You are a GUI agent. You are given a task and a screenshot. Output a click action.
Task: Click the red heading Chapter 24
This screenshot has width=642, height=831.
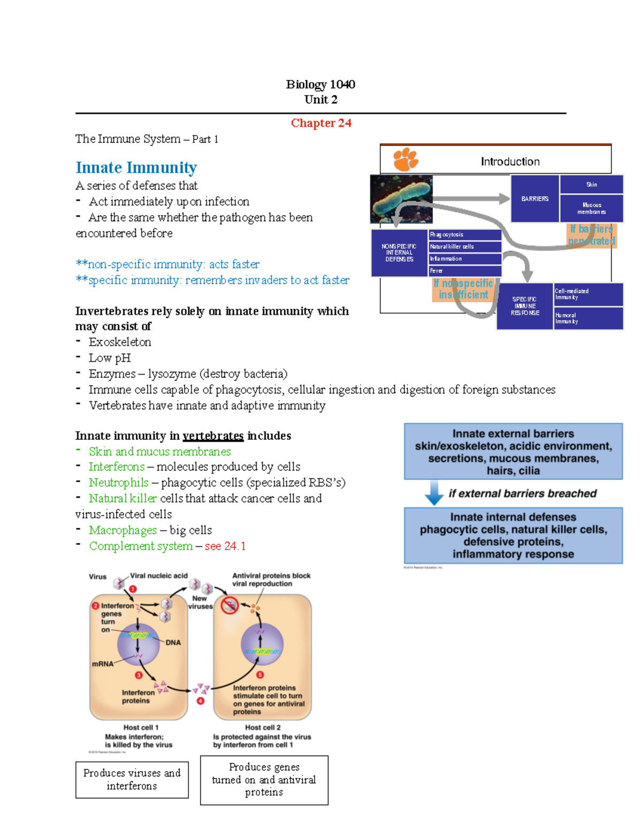tap(321, 123)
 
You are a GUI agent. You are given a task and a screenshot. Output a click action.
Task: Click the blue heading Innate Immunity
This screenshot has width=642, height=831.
tap(136, 167)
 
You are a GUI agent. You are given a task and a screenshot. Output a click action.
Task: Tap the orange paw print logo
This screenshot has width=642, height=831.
tap(406, 159)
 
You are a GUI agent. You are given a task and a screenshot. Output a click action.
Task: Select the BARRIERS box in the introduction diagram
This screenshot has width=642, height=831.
tap(534, 199)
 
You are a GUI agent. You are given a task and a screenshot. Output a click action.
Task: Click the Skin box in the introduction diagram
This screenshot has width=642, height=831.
tap(591, 185)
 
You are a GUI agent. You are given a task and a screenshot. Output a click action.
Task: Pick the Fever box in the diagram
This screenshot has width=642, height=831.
tap(464, 271)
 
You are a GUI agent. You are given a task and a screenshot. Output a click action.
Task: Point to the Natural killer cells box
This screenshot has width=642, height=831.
tap(464, 247)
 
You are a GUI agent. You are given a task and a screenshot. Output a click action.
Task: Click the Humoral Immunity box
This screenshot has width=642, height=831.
tap(587, 318)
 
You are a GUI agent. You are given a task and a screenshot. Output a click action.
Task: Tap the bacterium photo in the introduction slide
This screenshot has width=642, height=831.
tap(402, 199)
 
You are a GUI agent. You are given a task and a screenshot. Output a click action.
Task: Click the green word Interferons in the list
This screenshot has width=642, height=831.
tap(117, 467)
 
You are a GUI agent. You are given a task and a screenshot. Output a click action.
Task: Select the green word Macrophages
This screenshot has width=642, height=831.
tap(123, 530)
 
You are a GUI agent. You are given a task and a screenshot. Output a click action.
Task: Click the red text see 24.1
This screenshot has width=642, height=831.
tap(225, 546)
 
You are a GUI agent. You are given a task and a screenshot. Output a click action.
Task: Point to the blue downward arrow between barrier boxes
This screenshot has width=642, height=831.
tap(434, 493)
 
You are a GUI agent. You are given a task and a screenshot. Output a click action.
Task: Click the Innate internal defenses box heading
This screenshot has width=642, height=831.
tap(513, 517)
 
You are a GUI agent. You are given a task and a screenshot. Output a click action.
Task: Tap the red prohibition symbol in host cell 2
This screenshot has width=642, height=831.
tap(230, 605)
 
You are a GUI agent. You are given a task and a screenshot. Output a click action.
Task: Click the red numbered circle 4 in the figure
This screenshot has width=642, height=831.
tap(201, 701)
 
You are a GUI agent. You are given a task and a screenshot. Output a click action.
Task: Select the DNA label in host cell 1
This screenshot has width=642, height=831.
tap(173, 643)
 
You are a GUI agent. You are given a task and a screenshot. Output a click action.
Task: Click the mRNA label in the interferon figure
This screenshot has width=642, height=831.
tap(103, 664)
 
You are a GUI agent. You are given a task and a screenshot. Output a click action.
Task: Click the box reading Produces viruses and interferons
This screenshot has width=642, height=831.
tap(132, 780)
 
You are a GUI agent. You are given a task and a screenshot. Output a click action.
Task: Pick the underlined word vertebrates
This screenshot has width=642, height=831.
tap(213, 436)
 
